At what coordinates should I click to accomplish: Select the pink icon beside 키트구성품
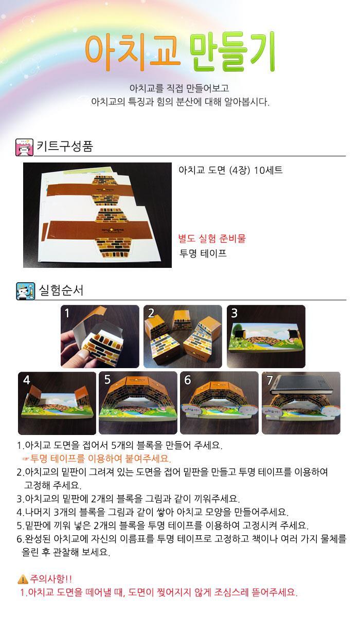tap(24, 148)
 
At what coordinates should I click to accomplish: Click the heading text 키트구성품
tap(65, 146)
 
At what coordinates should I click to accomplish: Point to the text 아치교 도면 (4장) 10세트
tap(230, 170)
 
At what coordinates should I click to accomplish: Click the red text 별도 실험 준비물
tap(212, 238)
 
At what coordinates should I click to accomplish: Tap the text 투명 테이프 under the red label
tap(203, 253)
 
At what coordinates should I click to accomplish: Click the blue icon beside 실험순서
tap(25, 291)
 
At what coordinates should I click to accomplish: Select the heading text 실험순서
tap(61, 290)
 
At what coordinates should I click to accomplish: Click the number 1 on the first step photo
tap(67, 313)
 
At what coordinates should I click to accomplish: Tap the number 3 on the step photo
tap(234, 313)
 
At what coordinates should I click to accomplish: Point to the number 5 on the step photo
tap(107, 380)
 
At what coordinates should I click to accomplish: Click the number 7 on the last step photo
tap(269, 380)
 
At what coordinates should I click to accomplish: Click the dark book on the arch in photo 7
tap(301, 384)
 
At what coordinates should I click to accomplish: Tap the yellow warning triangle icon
tap(23, 579)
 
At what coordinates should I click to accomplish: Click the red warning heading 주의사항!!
tap(51, 579)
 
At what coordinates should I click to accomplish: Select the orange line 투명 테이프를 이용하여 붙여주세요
tap(100, 458)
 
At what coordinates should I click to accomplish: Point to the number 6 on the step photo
tap(187, 380)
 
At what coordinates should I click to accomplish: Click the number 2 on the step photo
tap(151, 313)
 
